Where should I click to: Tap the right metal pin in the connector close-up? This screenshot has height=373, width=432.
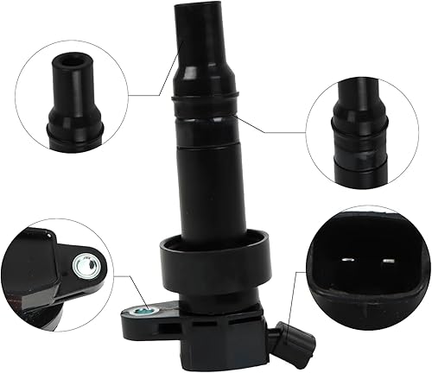(x=375, y=258)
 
